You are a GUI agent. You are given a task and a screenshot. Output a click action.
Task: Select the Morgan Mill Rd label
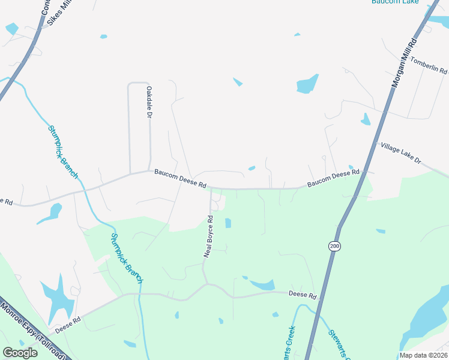[404, 64]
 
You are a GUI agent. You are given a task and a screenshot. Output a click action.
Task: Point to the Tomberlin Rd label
[429, 66]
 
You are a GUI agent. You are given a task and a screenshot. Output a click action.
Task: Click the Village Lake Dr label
[402, 154]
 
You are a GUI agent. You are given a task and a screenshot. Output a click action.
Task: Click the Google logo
[20, 353]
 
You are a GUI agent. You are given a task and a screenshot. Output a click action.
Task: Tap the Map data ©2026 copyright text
[423, 355]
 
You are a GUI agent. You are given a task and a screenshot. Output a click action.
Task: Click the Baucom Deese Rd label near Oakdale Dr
[180, 177]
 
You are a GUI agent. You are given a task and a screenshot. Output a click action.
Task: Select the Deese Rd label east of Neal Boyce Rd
[302, 295]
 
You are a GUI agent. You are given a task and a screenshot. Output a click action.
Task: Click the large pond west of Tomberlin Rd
[307, 84]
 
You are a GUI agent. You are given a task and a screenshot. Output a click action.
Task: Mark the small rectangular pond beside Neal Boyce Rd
[228, 223]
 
